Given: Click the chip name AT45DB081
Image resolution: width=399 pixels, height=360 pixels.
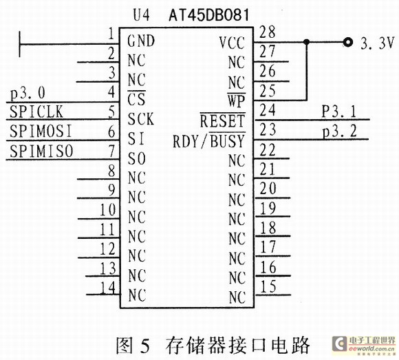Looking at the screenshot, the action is click(x=209, y=15).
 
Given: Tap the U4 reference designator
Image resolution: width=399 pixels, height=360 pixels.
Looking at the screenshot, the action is click(x=142, y=15).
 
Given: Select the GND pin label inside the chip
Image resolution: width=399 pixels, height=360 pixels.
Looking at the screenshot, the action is click(x=141, y=41).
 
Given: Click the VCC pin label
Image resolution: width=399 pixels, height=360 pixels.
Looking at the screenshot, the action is click(x=232, y=43).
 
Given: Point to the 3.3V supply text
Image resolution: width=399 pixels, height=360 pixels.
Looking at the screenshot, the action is click(x=378, y=43).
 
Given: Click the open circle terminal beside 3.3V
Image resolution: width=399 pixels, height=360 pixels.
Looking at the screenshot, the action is click(x=348, y=42).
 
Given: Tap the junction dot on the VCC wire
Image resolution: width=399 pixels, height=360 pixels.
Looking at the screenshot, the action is click(x=307, y=42).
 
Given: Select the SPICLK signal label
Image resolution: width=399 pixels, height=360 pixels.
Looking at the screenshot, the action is click(x=36, y=112).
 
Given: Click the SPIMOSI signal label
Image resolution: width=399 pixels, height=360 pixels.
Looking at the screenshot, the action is click(x=41, y=131).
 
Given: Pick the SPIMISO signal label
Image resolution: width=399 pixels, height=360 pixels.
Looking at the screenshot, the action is click(x=41, y=151).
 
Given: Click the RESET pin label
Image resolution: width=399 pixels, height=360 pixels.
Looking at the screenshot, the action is click(x=222, y=121).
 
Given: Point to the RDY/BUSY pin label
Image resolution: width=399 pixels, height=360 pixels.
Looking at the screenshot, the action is click(x=208, y=141).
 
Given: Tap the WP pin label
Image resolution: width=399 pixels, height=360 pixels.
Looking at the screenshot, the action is click(x=237, y=100).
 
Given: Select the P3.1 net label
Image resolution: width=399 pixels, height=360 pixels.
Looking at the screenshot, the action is click(x=339, y=112).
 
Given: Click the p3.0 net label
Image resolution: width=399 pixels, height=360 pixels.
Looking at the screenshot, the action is click(x=28, y=93).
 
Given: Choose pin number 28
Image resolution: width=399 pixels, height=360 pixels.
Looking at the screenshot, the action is click(x=268, y=32).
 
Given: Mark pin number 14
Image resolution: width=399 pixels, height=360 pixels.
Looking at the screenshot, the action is click(x=108, y=288).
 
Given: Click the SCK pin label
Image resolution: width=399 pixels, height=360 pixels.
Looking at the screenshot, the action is click(x=141, y=119).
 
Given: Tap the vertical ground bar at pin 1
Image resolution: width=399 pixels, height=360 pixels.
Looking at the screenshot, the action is click(x=19, y=44).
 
